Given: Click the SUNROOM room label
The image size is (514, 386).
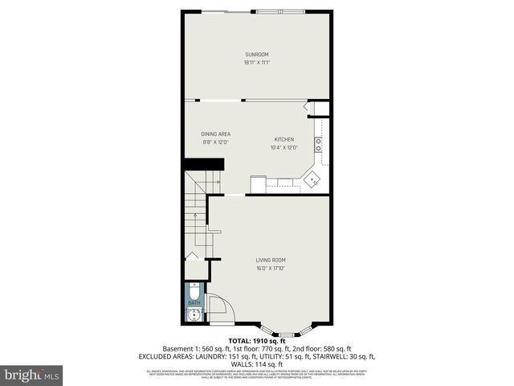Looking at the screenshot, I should pos(257,55).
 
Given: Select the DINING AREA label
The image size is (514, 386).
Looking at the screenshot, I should pos(216,134).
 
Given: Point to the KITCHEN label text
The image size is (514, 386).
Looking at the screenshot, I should pos(284,139).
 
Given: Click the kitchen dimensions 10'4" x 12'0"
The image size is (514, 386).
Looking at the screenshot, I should pos(284,147).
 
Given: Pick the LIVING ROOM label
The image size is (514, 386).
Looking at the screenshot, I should pos(271,260).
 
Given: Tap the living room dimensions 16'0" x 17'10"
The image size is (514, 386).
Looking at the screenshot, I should pos(271,267).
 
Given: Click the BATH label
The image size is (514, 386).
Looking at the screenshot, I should pos(193,302).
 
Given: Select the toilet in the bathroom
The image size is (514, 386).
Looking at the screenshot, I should pos(194,290).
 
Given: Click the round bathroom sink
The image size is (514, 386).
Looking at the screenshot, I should pos(193,314).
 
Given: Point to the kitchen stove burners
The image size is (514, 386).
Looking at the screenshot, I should pos(319,145).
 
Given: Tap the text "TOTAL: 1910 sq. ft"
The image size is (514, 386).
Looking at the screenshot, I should pos(257,341).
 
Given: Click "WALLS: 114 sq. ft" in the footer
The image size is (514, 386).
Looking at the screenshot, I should pos(257,363).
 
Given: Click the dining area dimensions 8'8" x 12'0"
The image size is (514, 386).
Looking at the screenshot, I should pos(216,142).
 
